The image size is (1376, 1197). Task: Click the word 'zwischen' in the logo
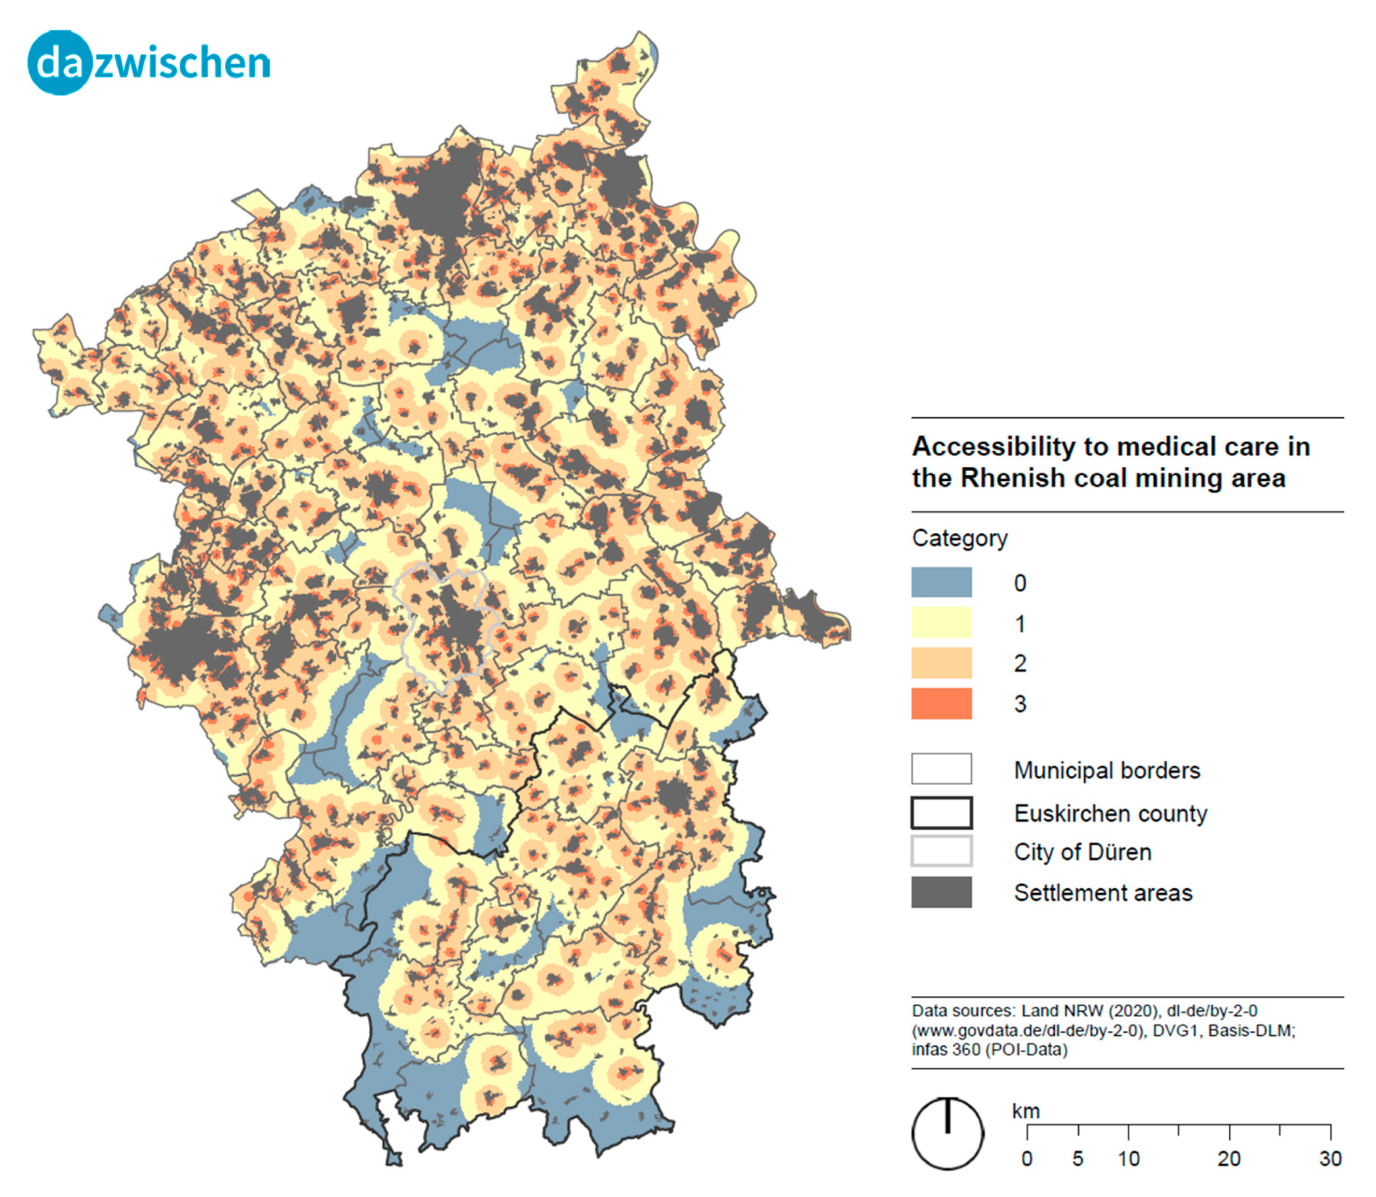pyautogui.click(x=182, y=63)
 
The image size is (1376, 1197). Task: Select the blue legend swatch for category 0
pyautogui.click(x=941, y=582)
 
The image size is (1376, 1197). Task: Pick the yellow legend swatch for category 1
pyautogui.click(x=941, y=622)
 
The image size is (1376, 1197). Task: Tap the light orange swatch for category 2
pyautogui.click(x=941, y=663)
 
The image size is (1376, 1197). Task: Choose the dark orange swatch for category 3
pyautogui.click(x=941, y=703)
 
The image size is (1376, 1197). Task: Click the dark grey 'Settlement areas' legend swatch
pyautogui.click(x=941, y=892)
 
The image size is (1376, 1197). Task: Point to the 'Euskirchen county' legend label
pyautogui.click(x=1110, y=813)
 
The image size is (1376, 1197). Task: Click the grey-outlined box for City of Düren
pyautogui.click(x=941, y=852)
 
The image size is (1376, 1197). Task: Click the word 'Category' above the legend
pyautogui.click(x=959, y=538)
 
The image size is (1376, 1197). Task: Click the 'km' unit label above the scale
pyautogui.click(x=1025, y=1111)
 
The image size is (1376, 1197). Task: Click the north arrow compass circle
pyautogui.click(x=947, y=1134)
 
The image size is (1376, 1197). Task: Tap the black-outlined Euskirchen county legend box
pyautogui.click(x=941, y=813)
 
